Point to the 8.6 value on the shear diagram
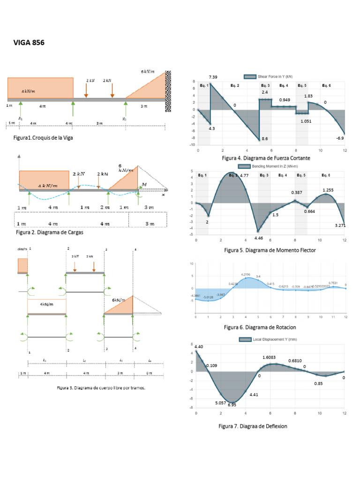pyautogui.click(x=265, y=139)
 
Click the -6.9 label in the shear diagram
pyautogui.click(x=340, y=138)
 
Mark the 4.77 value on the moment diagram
pyautogui.click(x=244, y=175)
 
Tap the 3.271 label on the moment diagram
pyautogui.click(x=341, y=225)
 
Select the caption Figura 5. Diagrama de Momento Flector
pyautogui.click(x=270, y=250)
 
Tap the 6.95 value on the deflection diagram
pyautogui.click(x=232, y=405)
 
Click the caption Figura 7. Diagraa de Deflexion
pyautogui.click(x=253, y=426)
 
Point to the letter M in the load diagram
pyautogui.click(x=144, y=185)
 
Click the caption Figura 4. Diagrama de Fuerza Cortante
pyautogui.click(x=266, y=158)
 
